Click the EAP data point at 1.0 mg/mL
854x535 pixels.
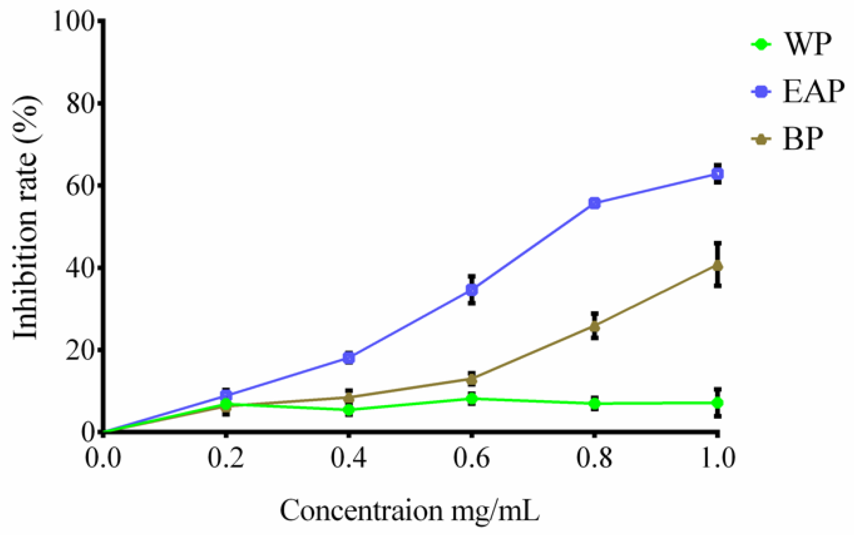[718, 174]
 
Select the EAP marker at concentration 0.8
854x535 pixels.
[595, 203]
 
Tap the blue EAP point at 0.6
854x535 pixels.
[472, 290]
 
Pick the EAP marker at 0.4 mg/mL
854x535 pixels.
[349, 358]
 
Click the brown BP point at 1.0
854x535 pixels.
[718, 266]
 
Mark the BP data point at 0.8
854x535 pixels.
[595, 326]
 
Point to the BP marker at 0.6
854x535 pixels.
[472, 379]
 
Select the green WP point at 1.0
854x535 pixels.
[718, 403]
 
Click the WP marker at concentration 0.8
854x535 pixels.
[595, 404]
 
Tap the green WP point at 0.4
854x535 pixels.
[349, 409]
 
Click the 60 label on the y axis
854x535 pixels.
[81, 185]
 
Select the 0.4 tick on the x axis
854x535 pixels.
[349, 458]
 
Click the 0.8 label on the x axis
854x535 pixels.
[595, 458]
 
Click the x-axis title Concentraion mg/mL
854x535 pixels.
[410, 511]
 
